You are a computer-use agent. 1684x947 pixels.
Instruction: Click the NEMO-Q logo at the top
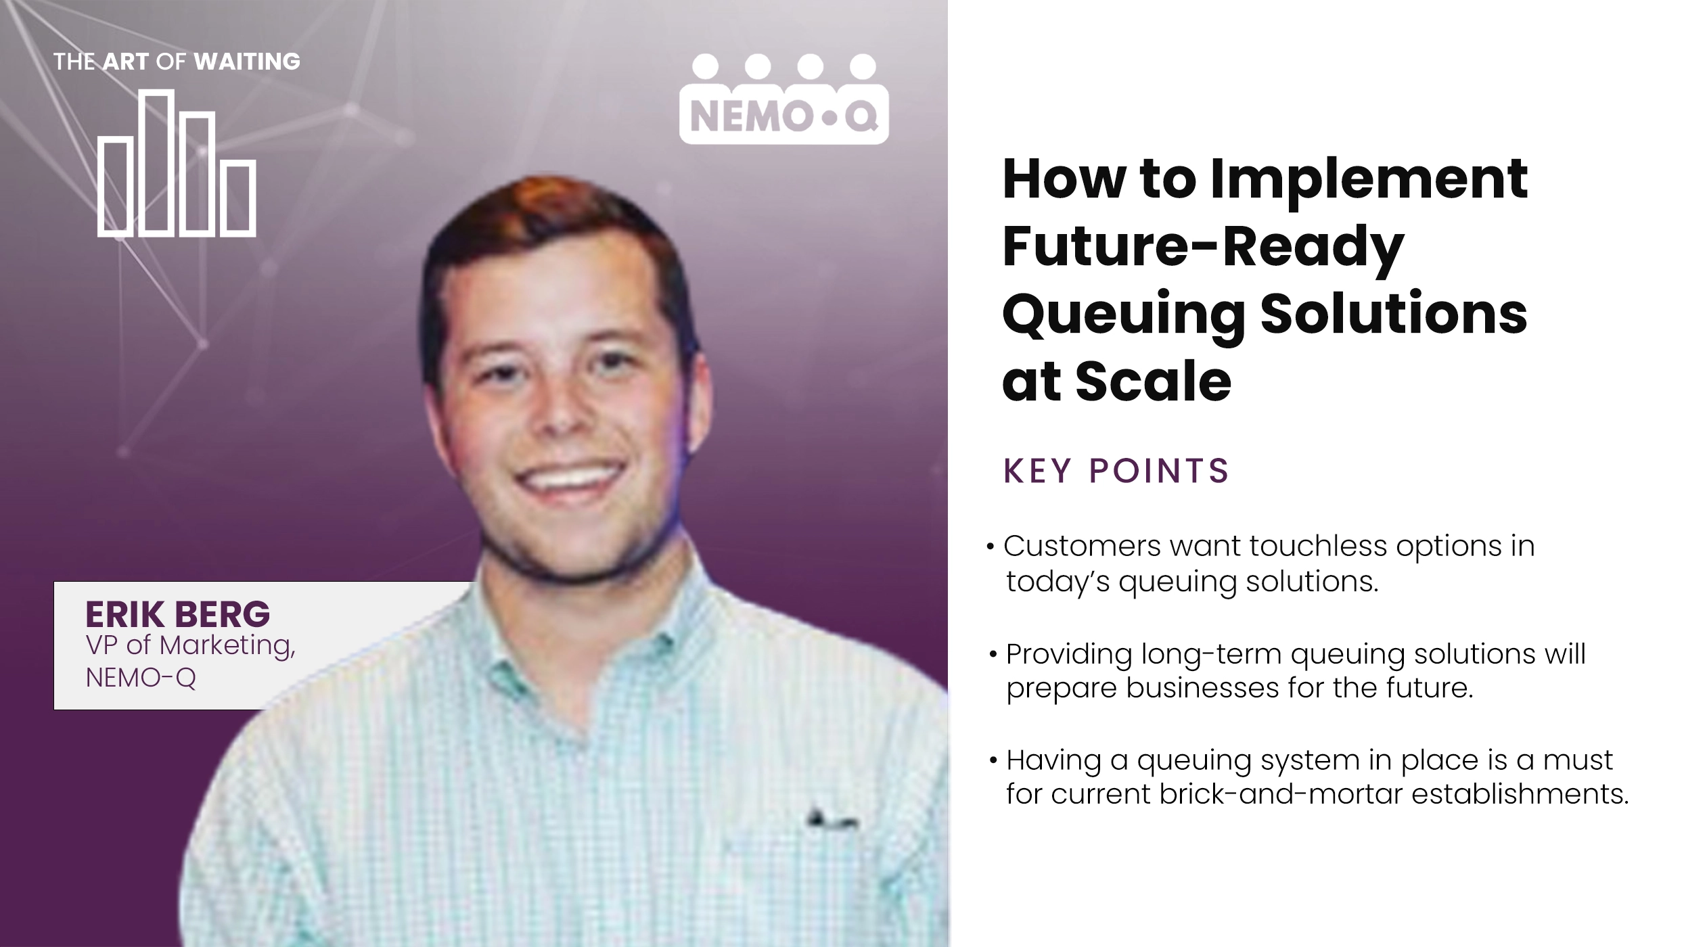click(x=783, y=100)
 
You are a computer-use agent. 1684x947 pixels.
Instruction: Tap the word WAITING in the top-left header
click(x=247, y=62)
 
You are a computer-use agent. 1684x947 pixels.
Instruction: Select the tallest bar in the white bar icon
click(x=156, y=162)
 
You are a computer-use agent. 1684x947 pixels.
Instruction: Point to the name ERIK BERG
click(x=177, y=614)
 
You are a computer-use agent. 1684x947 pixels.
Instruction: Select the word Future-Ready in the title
click(x=1203, y=247)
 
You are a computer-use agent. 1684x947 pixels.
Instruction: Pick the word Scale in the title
click(x=1153, y=382)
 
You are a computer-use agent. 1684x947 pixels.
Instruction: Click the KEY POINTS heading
click(x=1116, y=471)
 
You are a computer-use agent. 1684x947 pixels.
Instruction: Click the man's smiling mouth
click(x=568, y=479)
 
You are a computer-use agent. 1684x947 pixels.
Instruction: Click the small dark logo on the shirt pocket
click(x=832, y=820)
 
